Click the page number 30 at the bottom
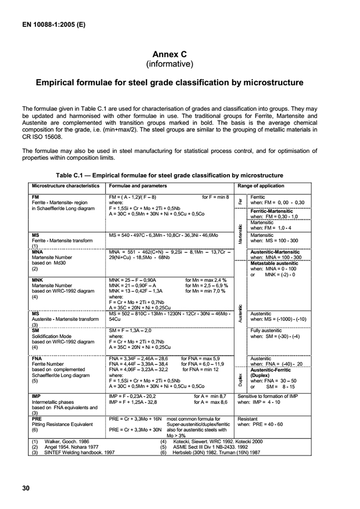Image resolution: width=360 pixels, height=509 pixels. (26, 488)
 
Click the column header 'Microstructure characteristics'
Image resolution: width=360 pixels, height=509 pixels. (65, 186)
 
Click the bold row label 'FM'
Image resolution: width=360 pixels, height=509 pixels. (36, 197)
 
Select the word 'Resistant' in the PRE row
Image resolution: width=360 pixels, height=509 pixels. (248, 419)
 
